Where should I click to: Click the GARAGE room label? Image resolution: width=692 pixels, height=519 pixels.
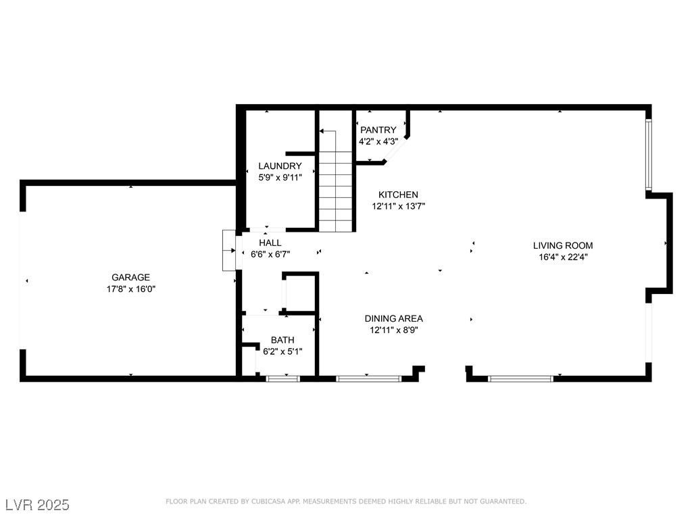[x=130, y=277]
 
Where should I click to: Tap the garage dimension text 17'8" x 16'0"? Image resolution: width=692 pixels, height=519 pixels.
[x=130, y=289]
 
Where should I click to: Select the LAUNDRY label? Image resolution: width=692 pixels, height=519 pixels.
[x=280, y=166]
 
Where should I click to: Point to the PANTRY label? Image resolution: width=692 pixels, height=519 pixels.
[x=378, y=130]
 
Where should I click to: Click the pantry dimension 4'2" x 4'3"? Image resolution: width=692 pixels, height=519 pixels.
[x=378, y=141]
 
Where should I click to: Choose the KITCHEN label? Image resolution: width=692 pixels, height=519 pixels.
[x=398, y=195]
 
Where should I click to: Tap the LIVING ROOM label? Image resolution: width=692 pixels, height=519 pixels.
[x=563, y=245]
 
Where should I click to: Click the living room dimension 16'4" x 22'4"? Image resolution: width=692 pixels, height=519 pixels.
[x=563, y=257]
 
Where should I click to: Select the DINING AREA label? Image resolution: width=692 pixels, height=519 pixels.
[x=393, y=318]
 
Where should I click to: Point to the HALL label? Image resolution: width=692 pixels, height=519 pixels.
[x=270, y=243]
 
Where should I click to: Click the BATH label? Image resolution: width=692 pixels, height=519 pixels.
[x=282, y=340]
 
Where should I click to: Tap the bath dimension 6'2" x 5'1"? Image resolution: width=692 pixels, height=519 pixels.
[x=282, y=351]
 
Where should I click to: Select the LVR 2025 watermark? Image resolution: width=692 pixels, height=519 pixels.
[x=37, y=505]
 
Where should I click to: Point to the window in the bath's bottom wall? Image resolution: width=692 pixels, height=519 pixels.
[x=283, y=378]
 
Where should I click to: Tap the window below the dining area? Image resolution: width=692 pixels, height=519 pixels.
[x=369, y=378]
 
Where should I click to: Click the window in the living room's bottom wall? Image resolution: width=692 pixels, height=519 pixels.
[x=520, y=378]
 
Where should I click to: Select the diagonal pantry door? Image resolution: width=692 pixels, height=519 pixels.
[x=397, y=149]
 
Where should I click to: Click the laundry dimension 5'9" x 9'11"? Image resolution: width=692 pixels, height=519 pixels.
[x=280, y=178]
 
